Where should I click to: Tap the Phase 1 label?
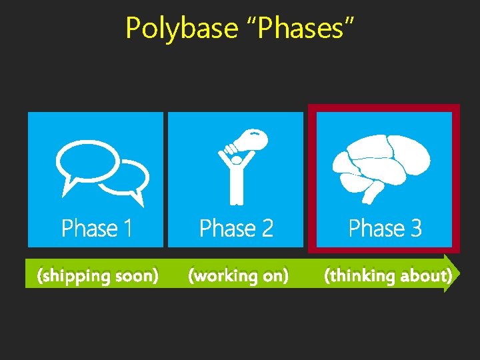(x=97, y=229)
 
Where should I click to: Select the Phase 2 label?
(x=236, y=229)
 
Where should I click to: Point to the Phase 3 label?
(x=385, y=229)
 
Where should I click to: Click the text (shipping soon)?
(x=98, y=275)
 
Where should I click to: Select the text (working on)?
(x=239, y=275)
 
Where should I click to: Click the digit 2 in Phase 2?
(x=267, y=229)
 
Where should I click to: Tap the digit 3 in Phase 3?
(x=415, y=229)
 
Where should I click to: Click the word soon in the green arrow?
(x=136, y=275)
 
